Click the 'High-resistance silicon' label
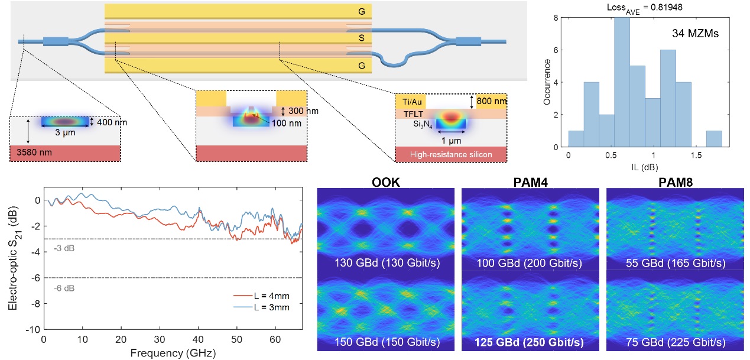(452, 155)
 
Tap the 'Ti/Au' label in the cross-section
(409, 102)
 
